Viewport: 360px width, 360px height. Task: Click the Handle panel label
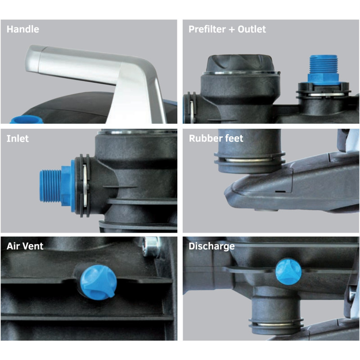pyautogui.click(x=23, y=29)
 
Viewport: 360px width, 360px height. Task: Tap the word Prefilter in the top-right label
pyautogui.click(x=207, y=29)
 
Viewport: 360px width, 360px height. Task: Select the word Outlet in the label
pyautogui.click(x=252, y=29)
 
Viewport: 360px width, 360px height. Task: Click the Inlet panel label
pyautogui.click(x=18, y=139)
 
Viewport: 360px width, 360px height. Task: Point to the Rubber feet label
pyautogui.click(x=216, y=138)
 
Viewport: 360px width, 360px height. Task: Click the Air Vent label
pyautogui.click(x=25, y=246)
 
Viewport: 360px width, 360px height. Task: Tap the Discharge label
pyautogui.click(x=211, y=246)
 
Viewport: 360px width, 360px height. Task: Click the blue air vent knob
pyautogui.click(x=98, y=282)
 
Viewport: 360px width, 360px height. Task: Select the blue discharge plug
pyautogui.click(x=288, y=272)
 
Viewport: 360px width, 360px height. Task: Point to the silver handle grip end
pyautogui.click(x=35, y=59)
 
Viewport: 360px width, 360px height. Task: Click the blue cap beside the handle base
pyautogui.click(x=27, y=120)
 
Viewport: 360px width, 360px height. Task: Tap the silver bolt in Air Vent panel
pyautogui.click(x=151, y=247)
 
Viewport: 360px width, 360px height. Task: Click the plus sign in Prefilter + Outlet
pyautogui.click(x=232, y=30)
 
